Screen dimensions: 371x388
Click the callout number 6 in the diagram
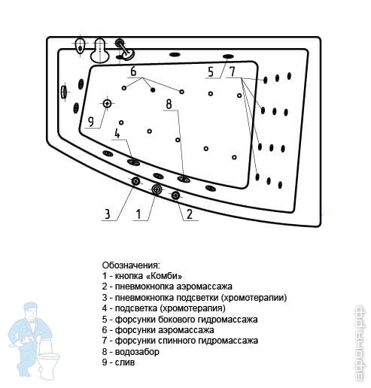(x=133, y=71)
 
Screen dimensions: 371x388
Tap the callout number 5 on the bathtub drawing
(x=211, y=72)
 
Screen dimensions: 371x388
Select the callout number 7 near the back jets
(x=233, y=71)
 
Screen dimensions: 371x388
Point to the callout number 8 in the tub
(x=169, y=104)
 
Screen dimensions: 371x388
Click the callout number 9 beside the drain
(x=91, y=122)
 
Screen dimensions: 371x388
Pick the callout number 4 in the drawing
(x=117, y=134)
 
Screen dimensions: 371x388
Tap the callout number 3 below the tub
(x=108, y=214)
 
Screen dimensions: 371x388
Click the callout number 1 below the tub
(x=138, y=214)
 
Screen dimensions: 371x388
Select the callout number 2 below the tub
(x=190, y=214)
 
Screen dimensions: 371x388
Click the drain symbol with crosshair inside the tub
(x=107, y=103)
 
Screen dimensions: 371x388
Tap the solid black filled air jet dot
(x=153, y=89)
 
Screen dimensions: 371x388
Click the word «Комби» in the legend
(x=164, y=276)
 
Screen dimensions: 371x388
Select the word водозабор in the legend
(x=137, y=352)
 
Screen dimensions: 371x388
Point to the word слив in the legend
(x=125, y=362)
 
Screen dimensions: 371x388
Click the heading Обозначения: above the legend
(x=131, y=265)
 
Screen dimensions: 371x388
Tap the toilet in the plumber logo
(x=48, y=363)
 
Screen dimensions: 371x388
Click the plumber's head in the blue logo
(x=31, y=311)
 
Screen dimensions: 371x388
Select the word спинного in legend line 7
(x=178, y=341)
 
